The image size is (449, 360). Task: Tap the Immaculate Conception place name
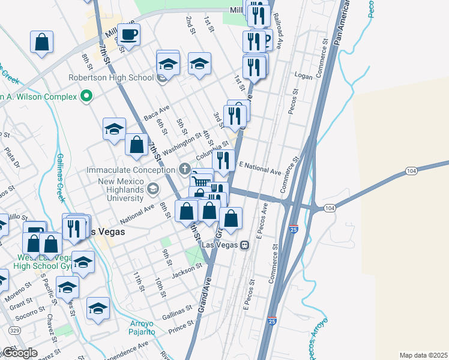pos(133,170)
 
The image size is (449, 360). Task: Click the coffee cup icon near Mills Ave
pos(128,34)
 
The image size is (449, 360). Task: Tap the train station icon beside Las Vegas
pos(244,245)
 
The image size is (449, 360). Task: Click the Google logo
pos(19,353)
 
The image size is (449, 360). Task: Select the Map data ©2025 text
pos(423,355)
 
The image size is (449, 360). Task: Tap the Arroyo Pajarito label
pos(142,328)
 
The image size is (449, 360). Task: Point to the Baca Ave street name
pos(157,112)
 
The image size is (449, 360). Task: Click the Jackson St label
pos(185,271)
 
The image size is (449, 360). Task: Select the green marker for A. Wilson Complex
pos(86,96)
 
